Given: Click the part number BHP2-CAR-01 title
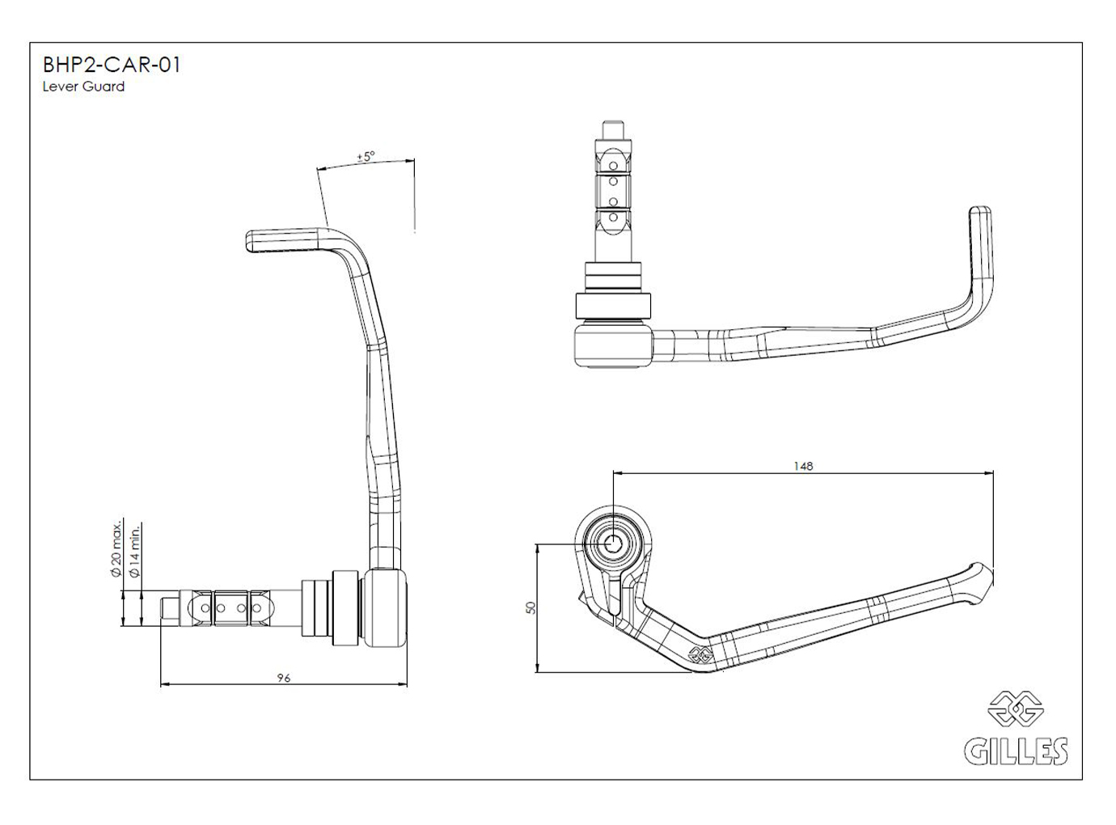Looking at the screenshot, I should point(111,65).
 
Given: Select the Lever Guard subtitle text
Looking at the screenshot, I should point(83,87).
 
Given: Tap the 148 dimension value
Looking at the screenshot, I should point(803,466).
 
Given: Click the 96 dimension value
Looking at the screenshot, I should point(283,679).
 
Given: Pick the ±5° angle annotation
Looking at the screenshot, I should point(366,157).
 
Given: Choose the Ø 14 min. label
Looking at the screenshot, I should point(135,550).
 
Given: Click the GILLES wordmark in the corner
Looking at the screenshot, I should point(1016,751).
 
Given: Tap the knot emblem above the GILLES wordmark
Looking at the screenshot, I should point(1016,709).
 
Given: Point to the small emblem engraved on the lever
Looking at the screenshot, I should point(700,656).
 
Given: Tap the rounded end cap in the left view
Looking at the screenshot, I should point(386,608).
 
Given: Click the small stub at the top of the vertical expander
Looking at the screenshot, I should point(613,129).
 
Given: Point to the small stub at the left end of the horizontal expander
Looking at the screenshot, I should point(170,607).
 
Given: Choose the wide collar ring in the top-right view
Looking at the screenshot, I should point(612,306).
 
